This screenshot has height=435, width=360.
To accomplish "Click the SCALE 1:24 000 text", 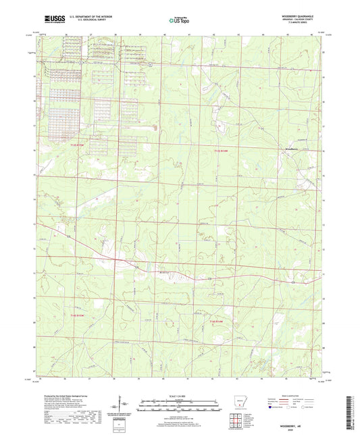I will click(x=179, y=396).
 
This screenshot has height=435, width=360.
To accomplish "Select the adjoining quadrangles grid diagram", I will click(x=238, y=421).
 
